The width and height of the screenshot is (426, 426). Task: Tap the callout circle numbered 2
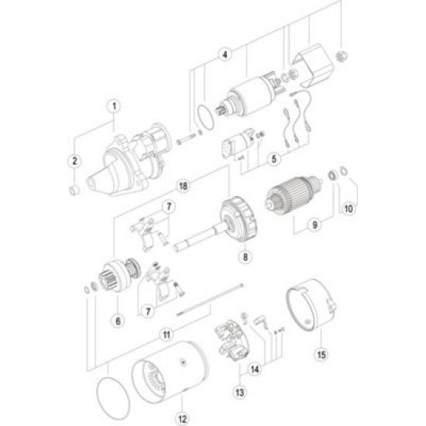click(x=74, y=160)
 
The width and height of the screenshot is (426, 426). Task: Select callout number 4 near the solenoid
click(x=224, y=54)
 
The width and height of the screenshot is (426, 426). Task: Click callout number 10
click(x=349, y=208)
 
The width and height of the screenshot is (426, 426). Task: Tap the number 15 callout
click(x=321, y=357)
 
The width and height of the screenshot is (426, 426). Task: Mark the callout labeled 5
click(x=275, y=160)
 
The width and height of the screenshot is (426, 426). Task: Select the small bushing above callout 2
click(x=75, y=188)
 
